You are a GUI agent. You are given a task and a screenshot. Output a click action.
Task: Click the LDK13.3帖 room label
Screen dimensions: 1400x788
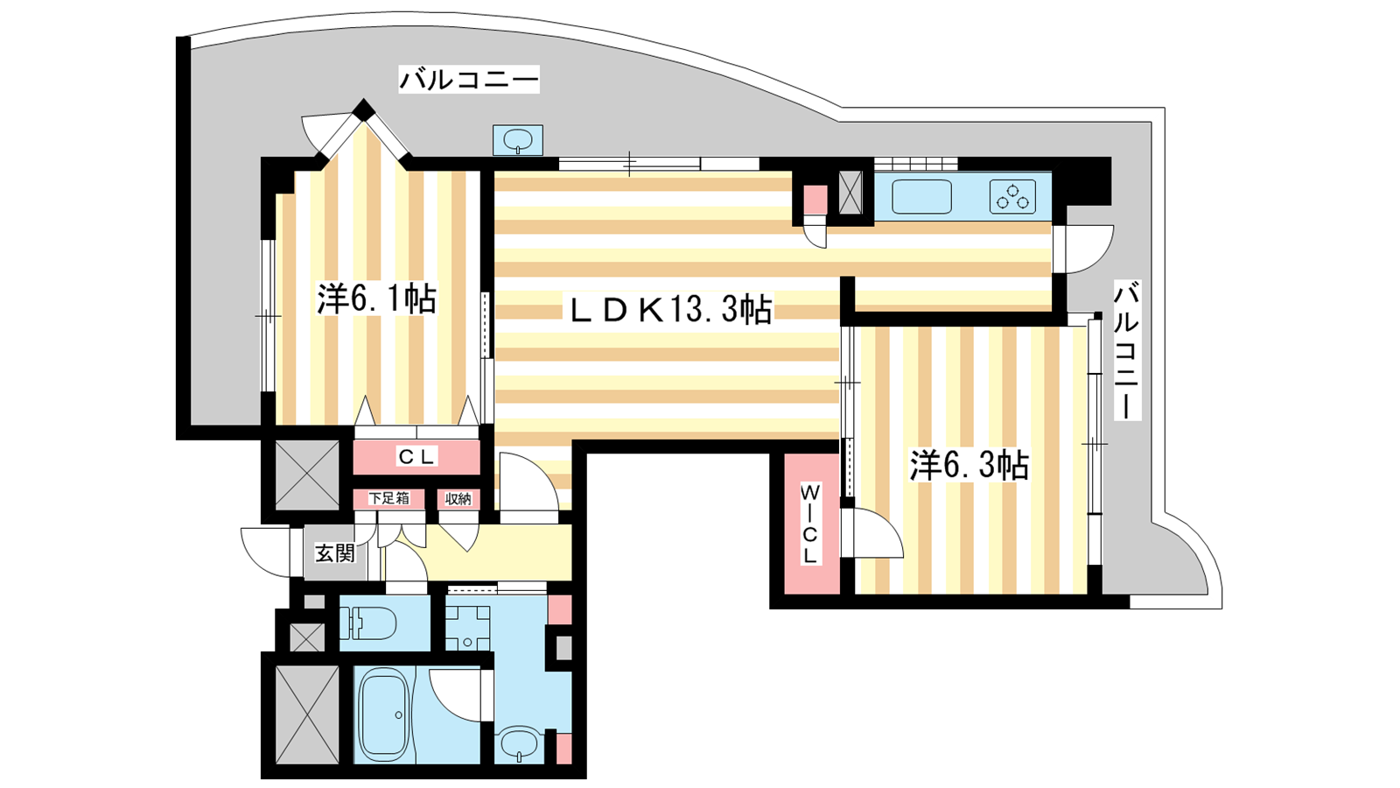pos(671,309)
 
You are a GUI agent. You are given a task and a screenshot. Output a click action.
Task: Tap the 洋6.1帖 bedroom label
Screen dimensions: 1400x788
pos(376,299)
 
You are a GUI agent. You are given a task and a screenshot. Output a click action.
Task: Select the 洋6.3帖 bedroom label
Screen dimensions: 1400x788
pos(969,465)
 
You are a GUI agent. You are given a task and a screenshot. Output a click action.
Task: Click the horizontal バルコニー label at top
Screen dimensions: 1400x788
pos(469,80)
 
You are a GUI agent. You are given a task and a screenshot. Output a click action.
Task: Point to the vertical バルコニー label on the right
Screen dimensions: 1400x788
pos(1127,350)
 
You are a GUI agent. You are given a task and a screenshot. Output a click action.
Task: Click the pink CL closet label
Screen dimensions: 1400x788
pos(416,457)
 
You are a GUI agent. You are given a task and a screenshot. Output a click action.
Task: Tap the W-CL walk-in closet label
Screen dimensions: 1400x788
pos(810,523)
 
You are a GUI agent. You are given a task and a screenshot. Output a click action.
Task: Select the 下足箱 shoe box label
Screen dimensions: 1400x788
pos(388,498)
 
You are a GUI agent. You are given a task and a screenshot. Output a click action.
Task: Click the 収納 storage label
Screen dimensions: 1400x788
pos(458,499)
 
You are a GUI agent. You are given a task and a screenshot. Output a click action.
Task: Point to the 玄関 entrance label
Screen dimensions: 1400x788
pos(335,552)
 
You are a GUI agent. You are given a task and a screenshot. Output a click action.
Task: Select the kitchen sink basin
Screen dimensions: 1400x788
pos(921,197)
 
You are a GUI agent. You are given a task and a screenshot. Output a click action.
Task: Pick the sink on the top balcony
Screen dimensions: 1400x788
pos(517,140)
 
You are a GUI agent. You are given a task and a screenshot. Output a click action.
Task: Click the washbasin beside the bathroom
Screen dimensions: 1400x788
pos(519,744)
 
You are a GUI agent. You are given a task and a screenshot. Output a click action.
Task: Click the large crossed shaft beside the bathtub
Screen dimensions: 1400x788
pos(307,714)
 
